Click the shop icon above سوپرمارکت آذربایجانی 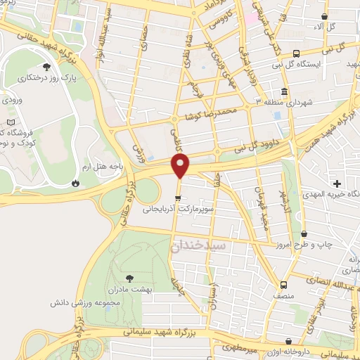pyautogui.click(x=178, y=197)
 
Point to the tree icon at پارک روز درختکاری pyautogui.click(x=46, y=67)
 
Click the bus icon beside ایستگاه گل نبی pyautogui.click(x=296, y=53)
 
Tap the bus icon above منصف pyautogui.click(x=283, y=285)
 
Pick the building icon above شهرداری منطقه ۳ pyautogui.click(x=283, y=92)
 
